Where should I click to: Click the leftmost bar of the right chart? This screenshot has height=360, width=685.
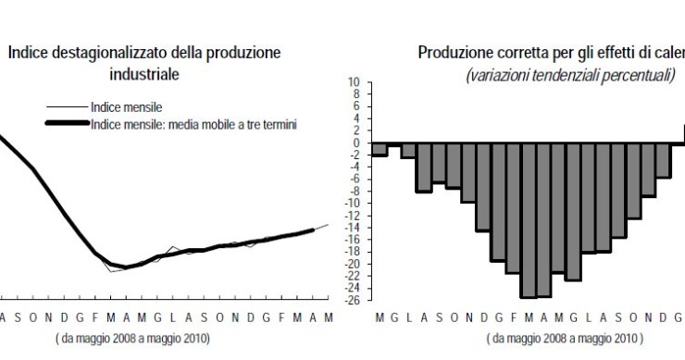(379, 150)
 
